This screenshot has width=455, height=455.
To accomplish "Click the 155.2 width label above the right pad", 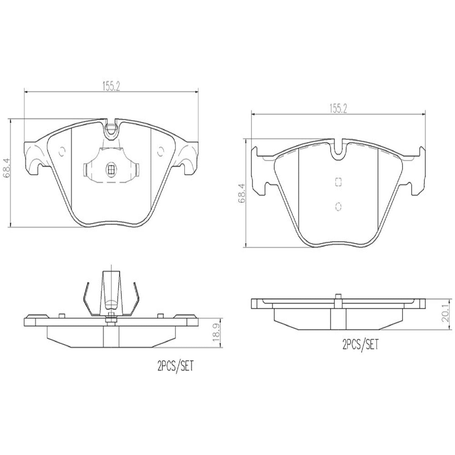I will pyautogui.click(x=338, y=109).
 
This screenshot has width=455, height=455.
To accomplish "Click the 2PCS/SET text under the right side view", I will pyautogui.click(x=360, y=345).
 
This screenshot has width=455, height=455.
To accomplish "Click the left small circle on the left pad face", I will pyautogui.click(x=62, y=151).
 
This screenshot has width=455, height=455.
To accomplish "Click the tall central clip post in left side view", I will pyautogui.click(x=111, y=290).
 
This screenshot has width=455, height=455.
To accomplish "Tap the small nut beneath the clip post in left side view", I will pyautogui.click(x=111, y=320).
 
